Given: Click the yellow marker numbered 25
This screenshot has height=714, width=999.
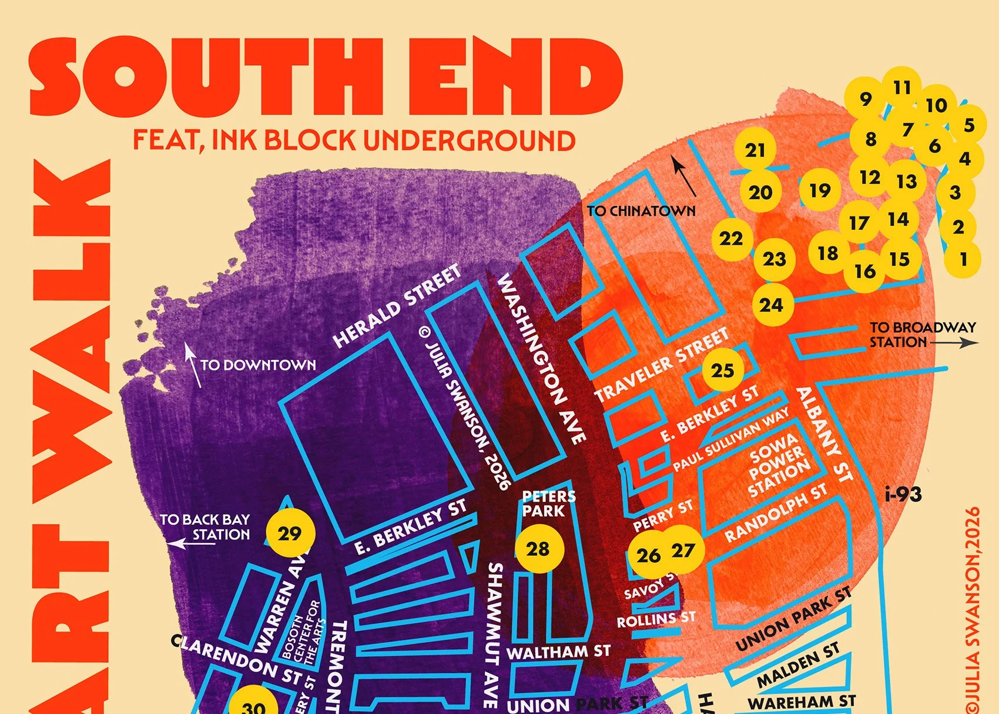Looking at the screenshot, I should [723, 371].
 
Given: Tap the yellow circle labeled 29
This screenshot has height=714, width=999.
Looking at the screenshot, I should [290, 533].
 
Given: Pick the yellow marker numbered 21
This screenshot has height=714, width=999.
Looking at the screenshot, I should [755, 151].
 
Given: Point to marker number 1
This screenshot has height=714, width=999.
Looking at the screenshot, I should [963, 259].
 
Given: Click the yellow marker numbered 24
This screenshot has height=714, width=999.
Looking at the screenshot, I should [772, 305].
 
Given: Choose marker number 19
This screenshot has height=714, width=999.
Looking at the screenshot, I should [820, 191].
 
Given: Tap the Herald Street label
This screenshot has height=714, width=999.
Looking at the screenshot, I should [397, 306].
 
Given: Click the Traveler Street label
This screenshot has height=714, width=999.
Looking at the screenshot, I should [662, 366].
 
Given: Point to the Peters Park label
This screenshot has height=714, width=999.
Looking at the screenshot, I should [548, 504].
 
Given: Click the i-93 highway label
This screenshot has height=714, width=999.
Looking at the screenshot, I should [903, 495].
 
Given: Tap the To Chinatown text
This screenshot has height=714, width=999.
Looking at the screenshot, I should [641, 211].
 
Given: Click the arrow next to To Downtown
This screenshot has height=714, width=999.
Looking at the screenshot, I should [193, 365].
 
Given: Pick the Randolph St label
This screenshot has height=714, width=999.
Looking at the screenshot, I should [776, 513].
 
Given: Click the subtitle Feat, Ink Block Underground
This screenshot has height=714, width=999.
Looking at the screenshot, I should [354, 141].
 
